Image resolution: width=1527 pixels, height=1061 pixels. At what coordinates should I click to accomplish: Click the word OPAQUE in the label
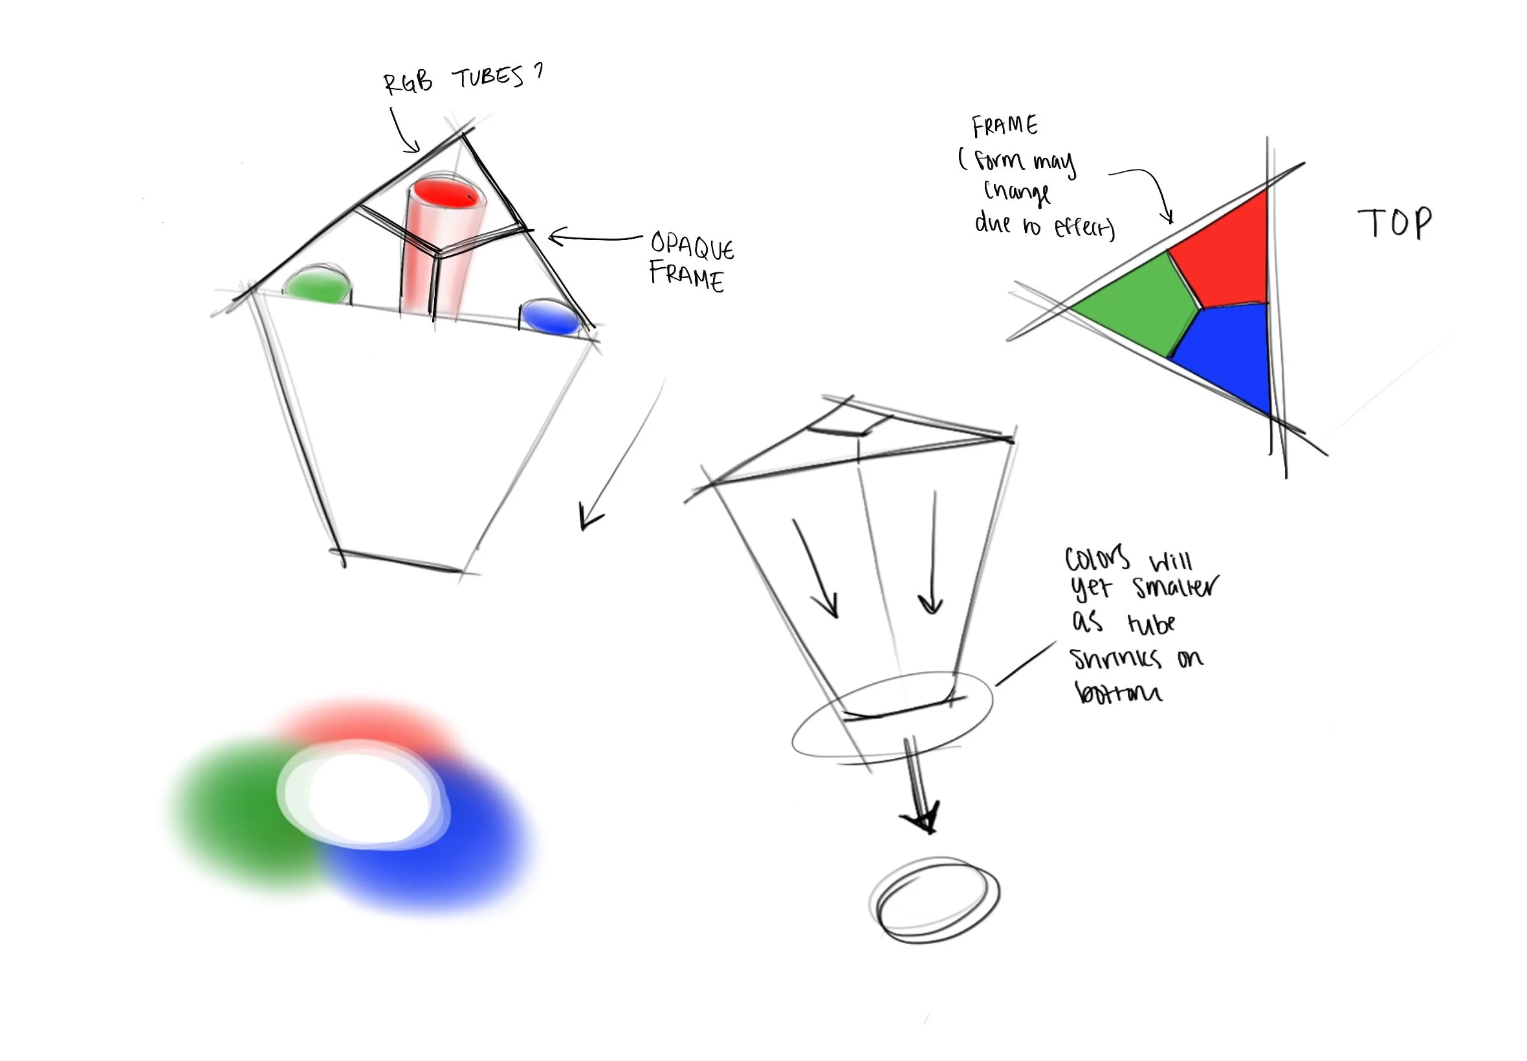coord(692,246)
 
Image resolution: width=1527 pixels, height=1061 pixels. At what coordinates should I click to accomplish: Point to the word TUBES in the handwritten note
coord(489,78)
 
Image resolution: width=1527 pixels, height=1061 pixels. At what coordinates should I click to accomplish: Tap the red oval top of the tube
coord(445,193)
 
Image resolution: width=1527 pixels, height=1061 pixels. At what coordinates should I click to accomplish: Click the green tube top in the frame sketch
coord(317,286)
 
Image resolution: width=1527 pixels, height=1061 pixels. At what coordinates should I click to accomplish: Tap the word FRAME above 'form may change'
coord(1004,125)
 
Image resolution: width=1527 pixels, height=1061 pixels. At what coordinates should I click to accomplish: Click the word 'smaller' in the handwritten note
coord(1175,587)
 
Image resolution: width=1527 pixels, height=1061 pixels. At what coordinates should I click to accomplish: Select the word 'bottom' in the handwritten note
coord(1118,693)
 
